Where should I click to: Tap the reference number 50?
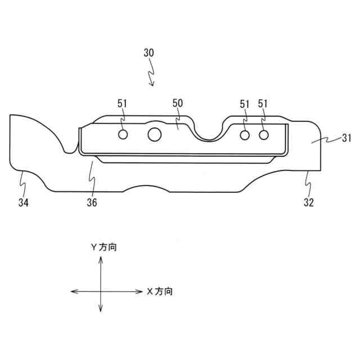178,103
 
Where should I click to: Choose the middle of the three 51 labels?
245,103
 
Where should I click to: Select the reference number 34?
24,202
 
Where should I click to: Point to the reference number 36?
92,202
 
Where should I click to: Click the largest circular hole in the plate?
155,134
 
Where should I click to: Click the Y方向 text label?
104,247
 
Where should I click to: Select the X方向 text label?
160,291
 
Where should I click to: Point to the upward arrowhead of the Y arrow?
100,258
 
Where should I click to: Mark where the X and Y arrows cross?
100,291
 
